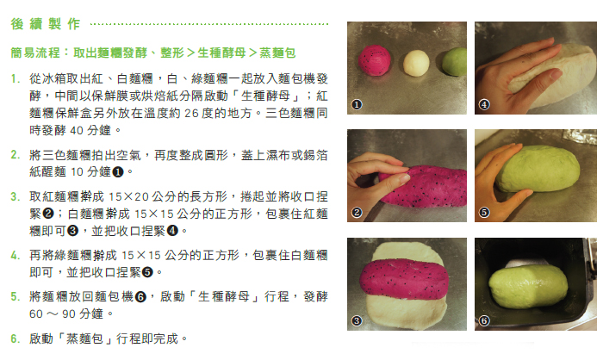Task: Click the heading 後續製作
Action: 46,24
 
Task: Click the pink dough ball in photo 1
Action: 374,59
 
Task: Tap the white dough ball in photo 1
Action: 416,63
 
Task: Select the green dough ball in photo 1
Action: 455,61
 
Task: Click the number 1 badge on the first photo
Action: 357,104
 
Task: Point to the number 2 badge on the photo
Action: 357,212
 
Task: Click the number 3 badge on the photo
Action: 357,320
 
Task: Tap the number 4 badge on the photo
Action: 484,104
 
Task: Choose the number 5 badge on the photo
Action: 484,212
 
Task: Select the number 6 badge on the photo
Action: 484,320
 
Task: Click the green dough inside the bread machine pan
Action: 528,286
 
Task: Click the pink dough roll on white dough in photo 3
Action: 404,280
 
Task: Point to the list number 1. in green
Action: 15,79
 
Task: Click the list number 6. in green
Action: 15,338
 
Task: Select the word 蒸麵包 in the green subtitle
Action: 277,53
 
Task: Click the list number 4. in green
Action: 15,256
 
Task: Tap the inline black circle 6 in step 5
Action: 140,297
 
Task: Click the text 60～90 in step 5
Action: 53,314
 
